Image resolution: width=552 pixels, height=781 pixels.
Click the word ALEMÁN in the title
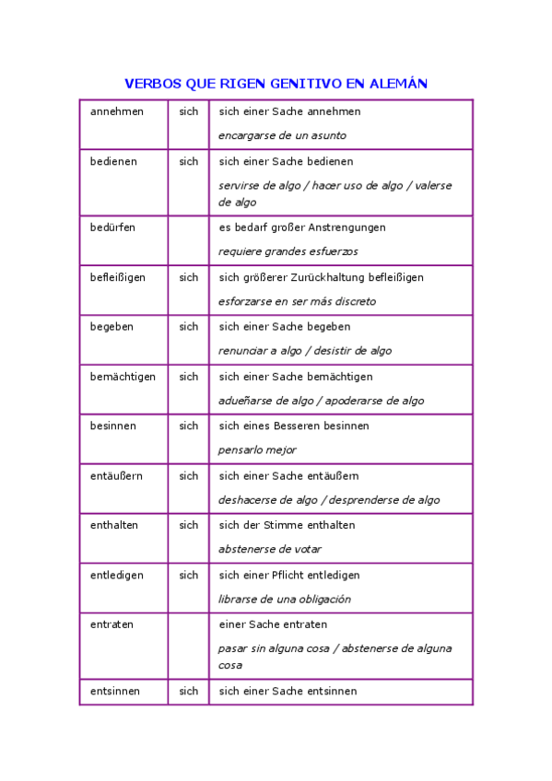(x=398, y=84)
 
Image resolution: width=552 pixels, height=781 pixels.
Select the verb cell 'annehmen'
(x=117, y=111)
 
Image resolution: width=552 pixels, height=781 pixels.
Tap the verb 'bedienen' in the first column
(x=113, y=161)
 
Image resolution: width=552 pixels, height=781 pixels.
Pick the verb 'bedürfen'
(x=112, y=227)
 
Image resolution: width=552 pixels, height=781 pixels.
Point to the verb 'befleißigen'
(x=118, y=277)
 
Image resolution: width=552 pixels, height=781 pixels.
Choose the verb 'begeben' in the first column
(x=112, y=327)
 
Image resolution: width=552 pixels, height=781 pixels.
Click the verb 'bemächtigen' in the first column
(x=123, y=377)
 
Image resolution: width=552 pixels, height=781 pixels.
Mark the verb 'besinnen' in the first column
(x=113, y=426)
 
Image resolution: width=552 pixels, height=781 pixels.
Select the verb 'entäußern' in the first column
(x=116, y=476)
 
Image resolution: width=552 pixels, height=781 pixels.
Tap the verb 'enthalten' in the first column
(x=114, y=525)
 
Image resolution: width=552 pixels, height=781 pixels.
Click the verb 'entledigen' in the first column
(x=116, y=575)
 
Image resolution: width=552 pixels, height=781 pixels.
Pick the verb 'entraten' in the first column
(x=112, y=624)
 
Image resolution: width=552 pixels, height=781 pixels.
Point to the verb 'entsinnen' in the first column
(x=114, y=691)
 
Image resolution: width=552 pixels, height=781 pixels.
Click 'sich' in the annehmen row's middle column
(x=189, y=111)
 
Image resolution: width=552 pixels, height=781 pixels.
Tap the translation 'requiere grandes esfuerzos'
(x=288, y=251)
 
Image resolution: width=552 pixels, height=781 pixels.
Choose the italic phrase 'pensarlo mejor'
(x=257, y=450)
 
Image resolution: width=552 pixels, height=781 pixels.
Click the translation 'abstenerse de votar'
(x=270, y=549)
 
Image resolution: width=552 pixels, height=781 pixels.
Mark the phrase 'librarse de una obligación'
(x=285, y=599)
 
